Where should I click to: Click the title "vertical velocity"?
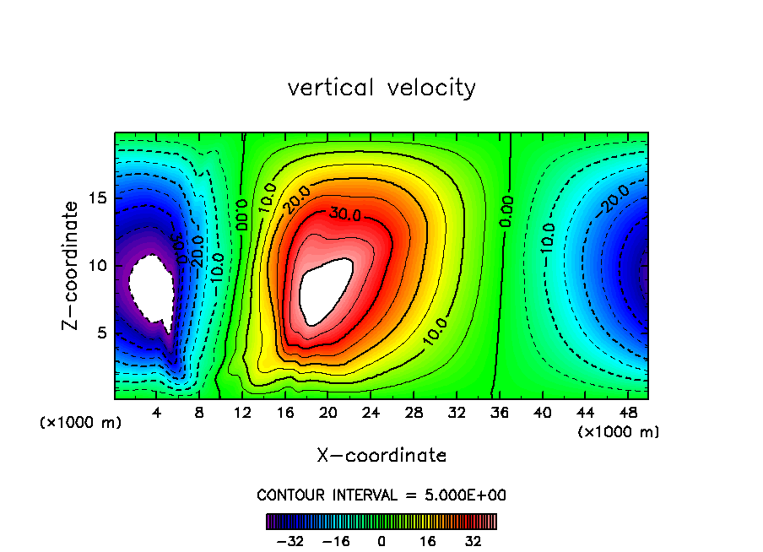381,88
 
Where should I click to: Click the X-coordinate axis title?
381,456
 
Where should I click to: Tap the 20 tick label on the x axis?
328,413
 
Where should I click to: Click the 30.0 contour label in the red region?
346,214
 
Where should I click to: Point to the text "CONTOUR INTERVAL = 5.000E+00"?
381,495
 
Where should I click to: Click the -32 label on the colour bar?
290,542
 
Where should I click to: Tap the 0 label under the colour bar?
381,542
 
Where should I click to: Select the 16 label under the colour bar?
428,542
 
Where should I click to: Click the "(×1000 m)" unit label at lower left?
81,423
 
